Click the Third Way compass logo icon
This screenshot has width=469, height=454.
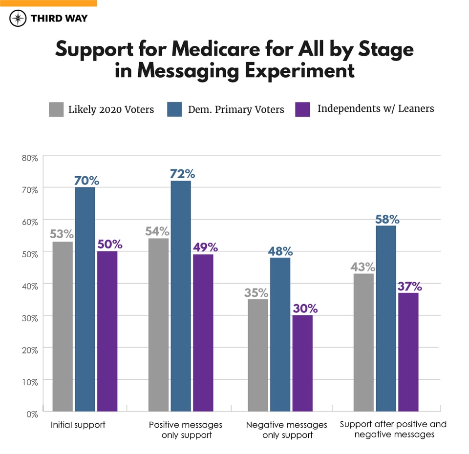(x=18, y=18)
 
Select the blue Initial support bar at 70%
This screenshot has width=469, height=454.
(x=85, y=299)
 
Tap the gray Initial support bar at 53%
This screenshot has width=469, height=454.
(x=63, y=326)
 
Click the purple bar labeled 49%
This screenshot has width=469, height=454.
(x=203, y=332)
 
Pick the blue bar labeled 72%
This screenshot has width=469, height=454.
(x=181, y=296)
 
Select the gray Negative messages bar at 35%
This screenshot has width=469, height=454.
(x=257, y=355)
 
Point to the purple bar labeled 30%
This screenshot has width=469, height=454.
(x=302, y=363)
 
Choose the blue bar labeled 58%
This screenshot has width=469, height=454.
(x=385, y=318)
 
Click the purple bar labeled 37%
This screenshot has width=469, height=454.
(x=408, y=351)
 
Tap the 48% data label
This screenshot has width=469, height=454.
(x=280, y=251)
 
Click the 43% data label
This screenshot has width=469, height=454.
(x=363, y=267)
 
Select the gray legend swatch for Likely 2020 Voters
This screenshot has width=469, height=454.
(x=56, y=109)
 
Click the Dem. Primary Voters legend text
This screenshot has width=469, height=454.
(x=236, y=109)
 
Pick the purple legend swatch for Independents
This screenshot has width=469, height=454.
(x=303, y=109)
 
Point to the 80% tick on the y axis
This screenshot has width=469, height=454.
(x=29, y=158)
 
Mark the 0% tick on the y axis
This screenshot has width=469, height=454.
(x=31, y=414)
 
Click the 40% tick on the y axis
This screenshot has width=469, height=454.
(x=29, y=286)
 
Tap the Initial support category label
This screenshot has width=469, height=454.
(x=78, y=425)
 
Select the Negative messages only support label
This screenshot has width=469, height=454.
(x=286, y=430)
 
